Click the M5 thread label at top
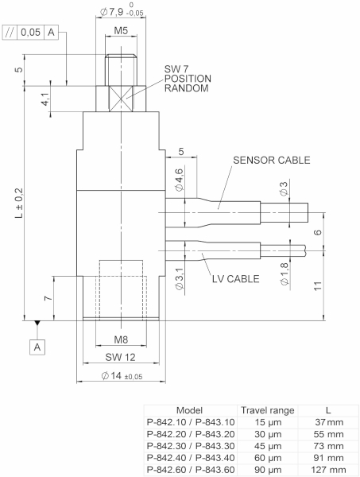(119, 31)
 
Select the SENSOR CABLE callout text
(271, 160)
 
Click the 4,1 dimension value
(45, 99)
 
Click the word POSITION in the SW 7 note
(188, 78)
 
